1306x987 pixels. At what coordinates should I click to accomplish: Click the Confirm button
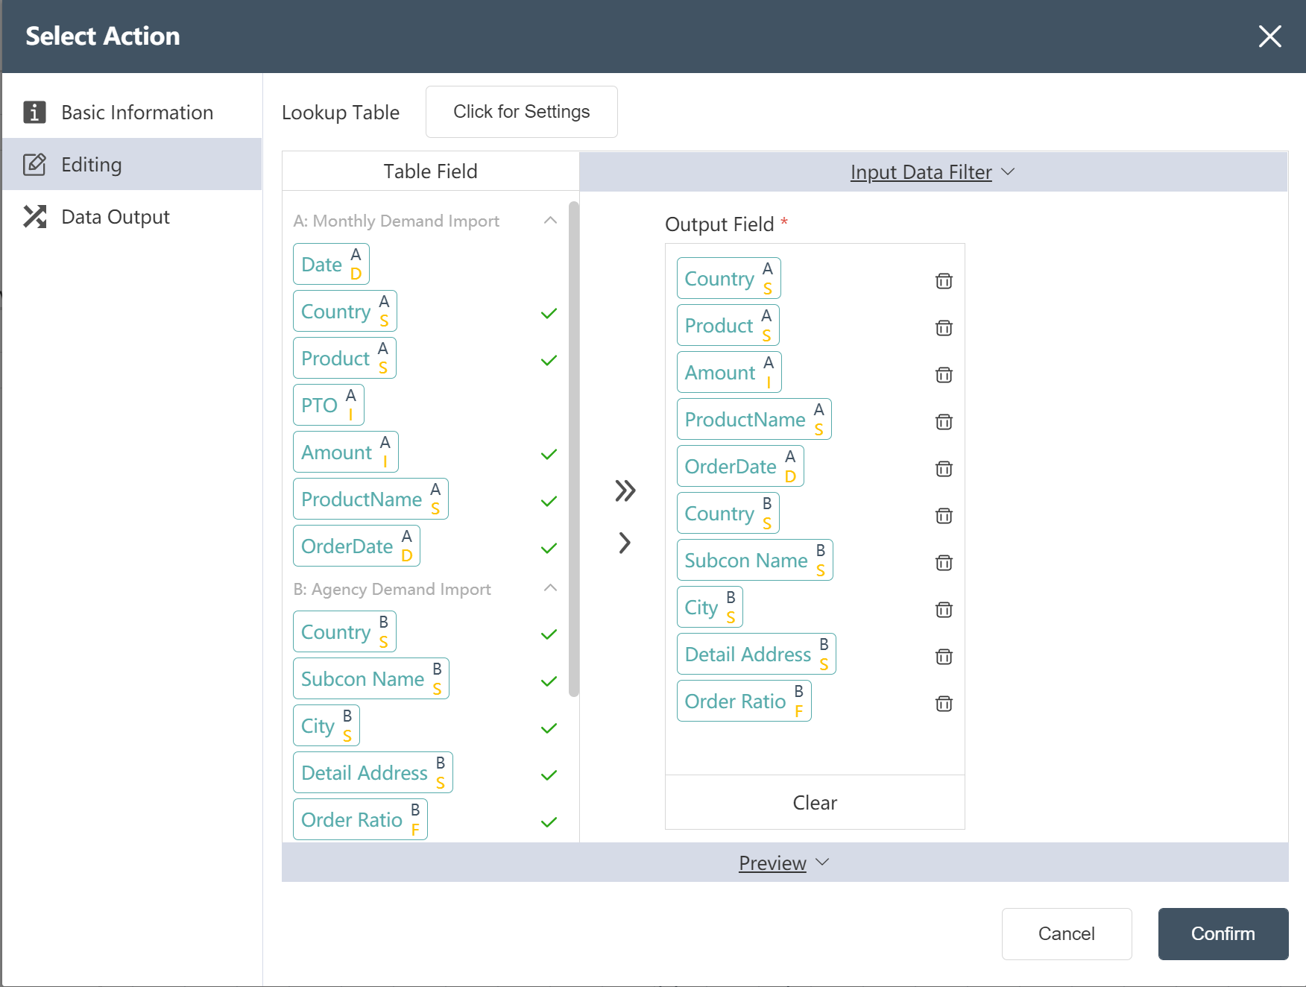(x=1223, y=933)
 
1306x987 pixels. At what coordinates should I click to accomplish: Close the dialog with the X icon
(x=1269, y=36)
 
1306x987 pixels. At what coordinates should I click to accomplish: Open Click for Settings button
(x=521, y=112)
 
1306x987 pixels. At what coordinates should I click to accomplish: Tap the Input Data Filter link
(x=921, y=172)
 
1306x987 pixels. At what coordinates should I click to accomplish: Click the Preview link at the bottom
(x=772, y=863)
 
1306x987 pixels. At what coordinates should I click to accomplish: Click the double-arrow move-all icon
(x=625, y=491)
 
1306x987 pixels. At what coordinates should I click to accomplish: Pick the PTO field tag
(x=329, y=405)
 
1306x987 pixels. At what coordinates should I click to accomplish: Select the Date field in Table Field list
(x=331, y=264)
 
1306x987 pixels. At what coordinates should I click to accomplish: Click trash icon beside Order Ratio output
(x=944, y=704)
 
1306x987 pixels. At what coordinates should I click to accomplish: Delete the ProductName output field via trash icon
(x=944, y=422)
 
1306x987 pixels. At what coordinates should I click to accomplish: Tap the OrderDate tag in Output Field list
(x=740, y=466)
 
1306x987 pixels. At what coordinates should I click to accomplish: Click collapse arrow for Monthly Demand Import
(x=550, y=220)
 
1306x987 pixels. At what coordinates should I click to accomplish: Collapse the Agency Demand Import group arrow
(x=550, y=588)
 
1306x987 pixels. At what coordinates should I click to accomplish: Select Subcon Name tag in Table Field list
(x=371, y=678)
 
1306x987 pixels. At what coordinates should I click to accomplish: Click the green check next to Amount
(x=549, y=455)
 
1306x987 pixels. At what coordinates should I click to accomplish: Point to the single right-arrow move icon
(x=625, y=543)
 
